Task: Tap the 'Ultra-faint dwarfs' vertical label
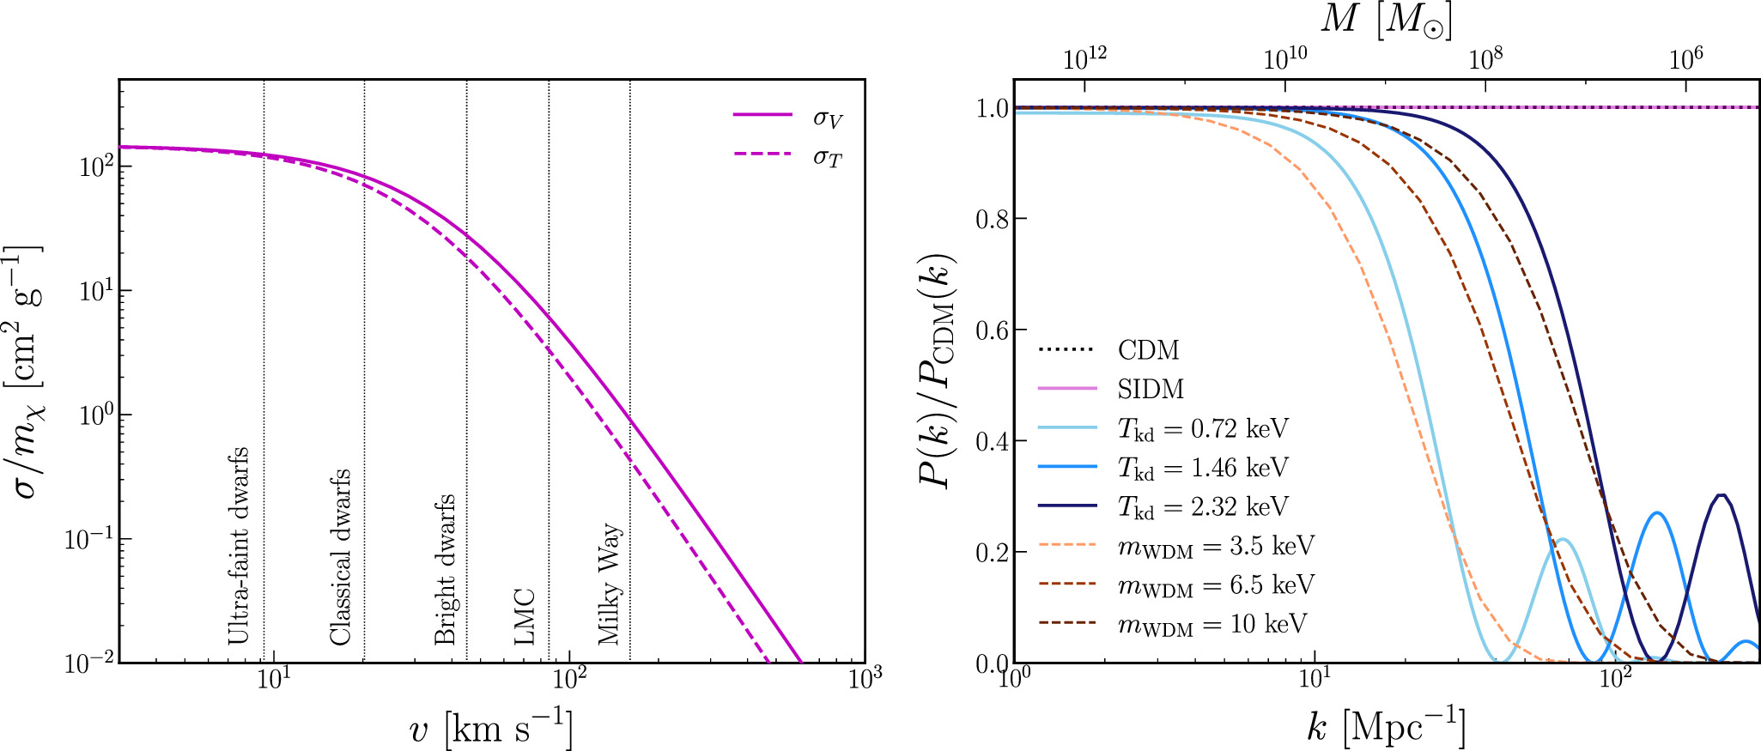(x=239, y=546)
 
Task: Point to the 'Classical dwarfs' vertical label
(x=341, y=557)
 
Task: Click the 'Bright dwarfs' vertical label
(x=444, y=569)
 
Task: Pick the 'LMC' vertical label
(x=525, y=616)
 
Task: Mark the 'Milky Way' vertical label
(x=610, y=583)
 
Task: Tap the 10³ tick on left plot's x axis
(x=864, y=679)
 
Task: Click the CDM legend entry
(x=1148, y=350)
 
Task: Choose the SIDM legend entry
(x=1151, y=389)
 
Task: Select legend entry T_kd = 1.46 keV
(x=1202, y=468)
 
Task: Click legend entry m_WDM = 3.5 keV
(x=1215, y=546)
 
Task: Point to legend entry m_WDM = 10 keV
(x=1211, y=624)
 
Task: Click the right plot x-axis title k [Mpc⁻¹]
(x=1386, y=728)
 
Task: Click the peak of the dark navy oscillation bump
(x=1721, y=495)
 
